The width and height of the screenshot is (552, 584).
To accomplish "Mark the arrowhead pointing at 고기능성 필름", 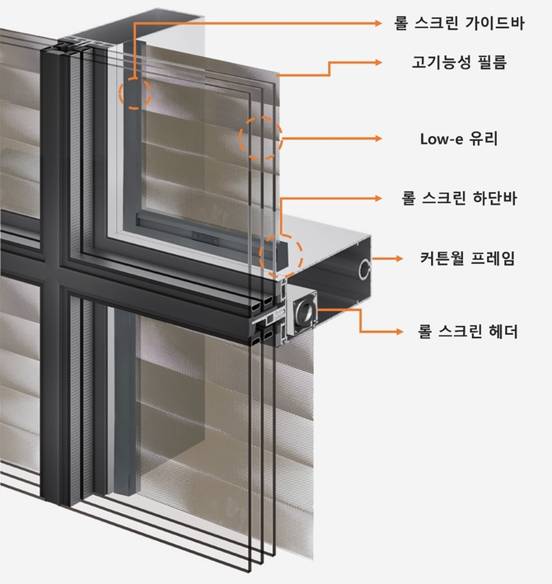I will click(378, 62).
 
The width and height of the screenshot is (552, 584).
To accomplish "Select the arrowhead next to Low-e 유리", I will click(378, 139).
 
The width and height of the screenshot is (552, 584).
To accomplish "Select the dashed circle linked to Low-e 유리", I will click(260, 139).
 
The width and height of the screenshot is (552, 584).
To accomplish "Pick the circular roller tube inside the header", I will click(304, 312).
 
